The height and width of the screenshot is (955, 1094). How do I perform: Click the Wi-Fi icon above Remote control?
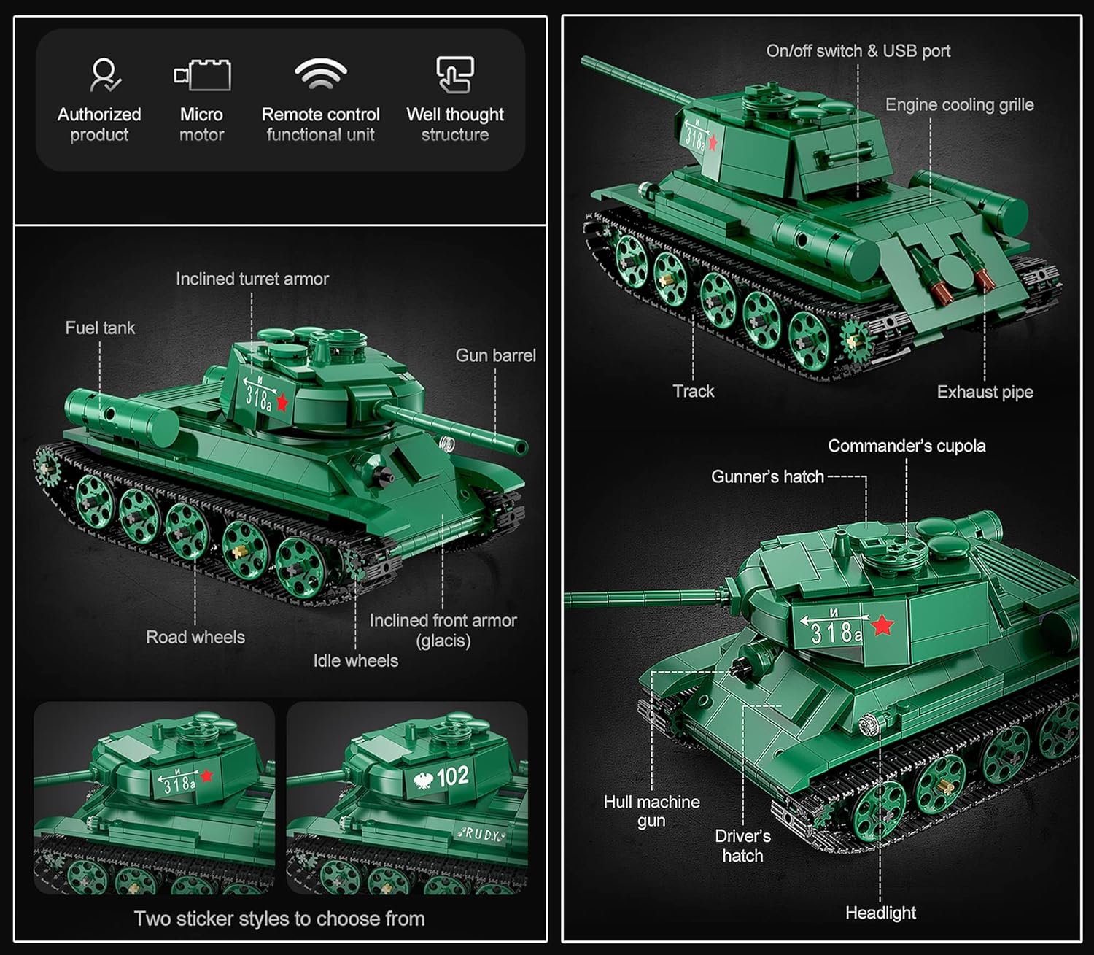point(321,74)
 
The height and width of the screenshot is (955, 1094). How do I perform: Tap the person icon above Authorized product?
point(105,75)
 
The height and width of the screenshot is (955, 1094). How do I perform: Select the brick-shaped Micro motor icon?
point(203,75)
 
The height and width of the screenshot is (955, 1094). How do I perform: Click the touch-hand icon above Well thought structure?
point(455,74)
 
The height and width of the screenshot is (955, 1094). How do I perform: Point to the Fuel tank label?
point(100,328)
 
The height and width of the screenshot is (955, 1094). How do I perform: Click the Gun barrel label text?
point(496,355)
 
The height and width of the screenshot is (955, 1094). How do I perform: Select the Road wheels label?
point(195,637)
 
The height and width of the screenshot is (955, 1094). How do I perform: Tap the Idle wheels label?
point(356,660)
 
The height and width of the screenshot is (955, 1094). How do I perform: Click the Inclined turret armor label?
point(252,279)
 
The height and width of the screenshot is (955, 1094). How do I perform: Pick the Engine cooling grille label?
point(959,105)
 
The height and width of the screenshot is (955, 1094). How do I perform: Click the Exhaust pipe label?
point(985,392)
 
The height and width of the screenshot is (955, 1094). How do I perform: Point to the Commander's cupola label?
point(907,446)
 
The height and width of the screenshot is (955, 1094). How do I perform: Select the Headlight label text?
point(880,913)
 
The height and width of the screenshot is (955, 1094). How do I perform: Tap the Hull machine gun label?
point(652,811)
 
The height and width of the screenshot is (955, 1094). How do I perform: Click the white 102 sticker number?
point(452,776)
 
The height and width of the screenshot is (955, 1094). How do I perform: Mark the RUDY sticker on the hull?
point(481,834)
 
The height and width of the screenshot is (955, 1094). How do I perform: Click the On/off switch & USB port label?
point(858,51)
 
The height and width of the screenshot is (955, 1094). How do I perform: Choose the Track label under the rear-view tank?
point(693,391)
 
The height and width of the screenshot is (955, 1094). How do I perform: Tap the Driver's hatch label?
point(742,846)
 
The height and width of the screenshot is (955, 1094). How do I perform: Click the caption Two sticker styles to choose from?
point(279,919)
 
